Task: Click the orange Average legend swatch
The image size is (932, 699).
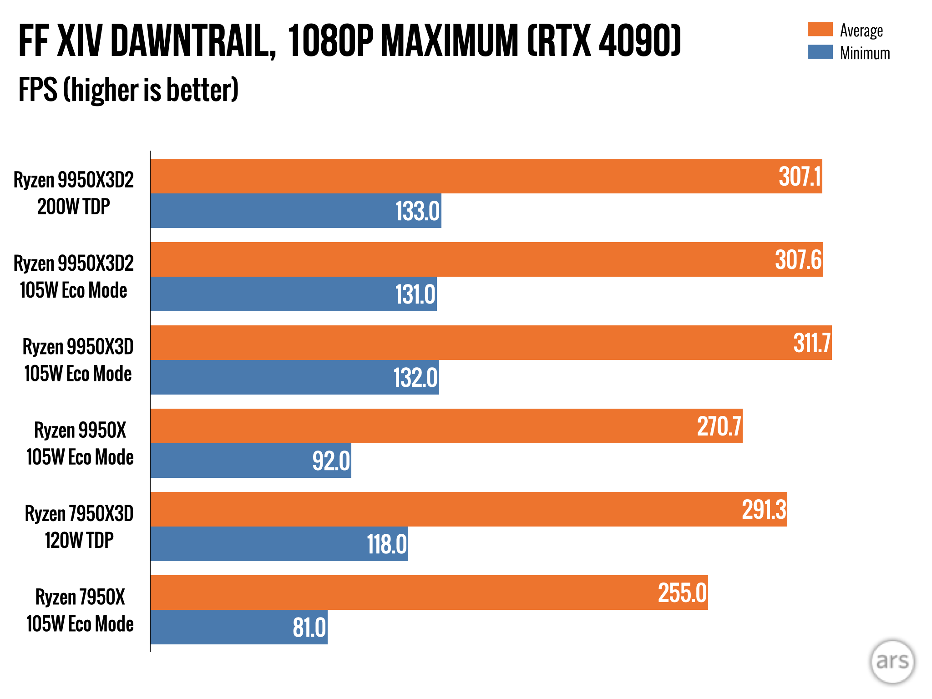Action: pyautogui.click(x=820, y=29)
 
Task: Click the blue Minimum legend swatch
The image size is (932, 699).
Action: pyautogui.click(x=820, y=52)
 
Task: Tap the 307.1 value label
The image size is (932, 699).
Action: pyautogui.click(x=800, y=177)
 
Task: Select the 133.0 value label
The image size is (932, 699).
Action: pyautogui.click(x=417, y=211)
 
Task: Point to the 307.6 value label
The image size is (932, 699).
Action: pyautogui.click(x=798, y=260)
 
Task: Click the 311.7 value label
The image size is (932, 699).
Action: pyautogui.click(x=812, y=343)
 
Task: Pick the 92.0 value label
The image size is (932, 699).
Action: pyautogui.click(x=331, y=461)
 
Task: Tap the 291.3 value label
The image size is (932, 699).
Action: pyautogui.click(x=764, y=510)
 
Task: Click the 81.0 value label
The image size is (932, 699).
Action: pyautogui.click(x=309, y=628)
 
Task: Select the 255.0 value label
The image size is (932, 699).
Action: pyautogui.click(x=682, y=593)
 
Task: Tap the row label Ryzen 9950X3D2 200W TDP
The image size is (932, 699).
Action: pyautogui.click(x=74, y=193)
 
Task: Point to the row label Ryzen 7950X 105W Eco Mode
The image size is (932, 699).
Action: pyautogui.click(x=80, y=610)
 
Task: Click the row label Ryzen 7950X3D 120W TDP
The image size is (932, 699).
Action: pyautogui.click(x=79, y=527)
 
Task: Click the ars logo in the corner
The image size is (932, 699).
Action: pyautogui.click(x=892, y=661)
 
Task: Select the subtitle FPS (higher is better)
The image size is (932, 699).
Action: pyautogui.click(x=128, y=90)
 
